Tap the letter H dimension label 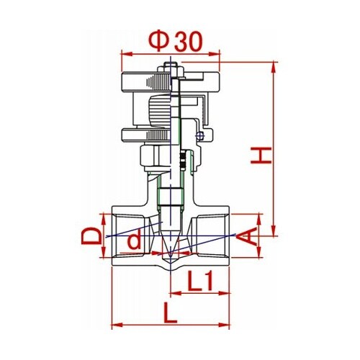coord(261,156)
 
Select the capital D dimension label coord(91,236)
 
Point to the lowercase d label coord(134,240)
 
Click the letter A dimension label coord(247,237)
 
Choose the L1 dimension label coord(200,281)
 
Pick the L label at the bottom coord(170,312)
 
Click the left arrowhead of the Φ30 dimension coord(127,54)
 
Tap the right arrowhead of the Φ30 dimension coord(215,54)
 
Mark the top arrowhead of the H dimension coord(274,68)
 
